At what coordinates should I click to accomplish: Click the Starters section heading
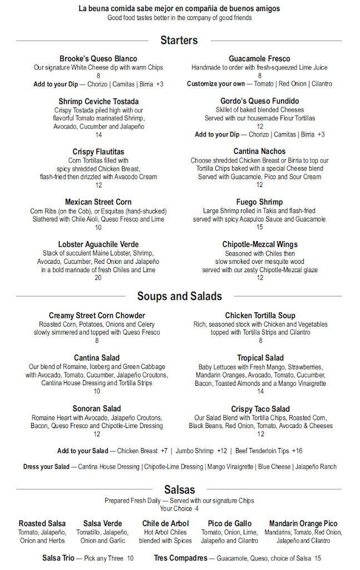coord(179,40)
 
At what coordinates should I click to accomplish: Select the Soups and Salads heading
coord(179,296)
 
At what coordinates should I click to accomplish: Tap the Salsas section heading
coord(179,490)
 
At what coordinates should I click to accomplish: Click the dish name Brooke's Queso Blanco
coord(98,58)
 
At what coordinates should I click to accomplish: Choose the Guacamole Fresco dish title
coord(259,58)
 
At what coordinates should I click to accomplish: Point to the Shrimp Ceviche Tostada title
coord(98,101)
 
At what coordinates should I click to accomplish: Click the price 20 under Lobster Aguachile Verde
coord(98,278)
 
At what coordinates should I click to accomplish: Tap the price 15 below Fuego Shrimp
coord(260,227)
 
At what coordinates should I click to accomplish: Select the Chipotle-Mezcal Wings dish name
coord(260,244)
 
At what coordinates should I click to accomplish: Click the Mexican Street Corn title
coord(98,202)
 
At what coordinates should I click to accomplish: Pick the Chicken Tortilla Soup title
coord(260,316)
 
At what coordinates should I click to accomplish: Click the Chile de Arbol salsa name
coord(165,523)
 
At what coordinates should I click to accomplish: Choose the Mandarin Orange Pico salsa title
coord(303,523)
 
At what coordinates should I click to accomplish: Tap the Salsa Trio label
coord(58,558)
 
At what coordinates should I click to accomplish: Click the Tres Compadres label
coord(180,558)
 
